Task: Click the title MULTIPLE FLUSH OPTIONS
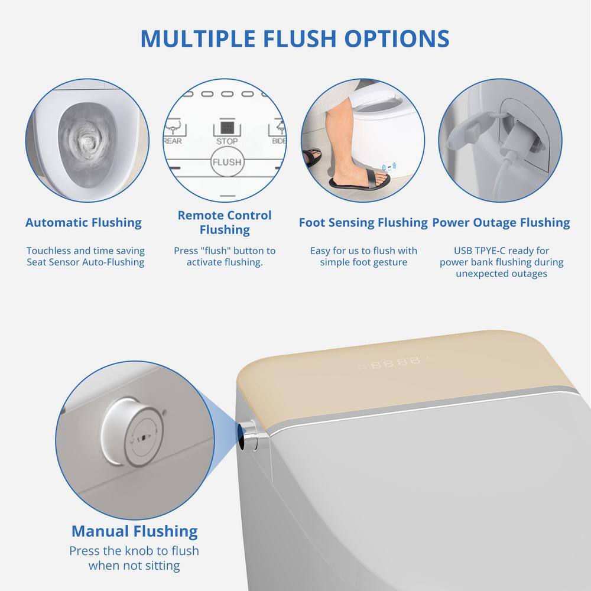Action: tap(295, 38)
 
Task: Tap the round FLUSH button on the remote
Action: tap(226, 162)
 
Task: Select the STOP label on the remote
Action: tap(227, 141)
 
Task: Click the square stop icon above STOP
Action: tap(227, 128)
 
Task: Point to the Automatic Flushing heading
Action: tap(83, 222)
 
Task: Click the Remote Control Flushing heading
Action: tap(225, 222)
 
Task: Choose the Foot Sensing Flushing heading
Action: tap(363, 222)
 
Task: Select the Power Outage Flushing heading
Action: tap(501, 222)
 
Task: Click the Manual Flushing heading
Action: tap(135, 531)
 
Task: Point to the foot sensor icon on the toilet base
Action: tap(389, 167)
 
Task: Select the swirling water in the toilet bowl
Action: tap(86, 142)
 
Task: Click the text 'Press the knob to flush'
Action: tap(134, 551)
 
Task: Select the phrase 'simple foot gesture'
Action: tap(363, 262)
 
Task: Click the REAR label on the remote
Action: tap(173, 141)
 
